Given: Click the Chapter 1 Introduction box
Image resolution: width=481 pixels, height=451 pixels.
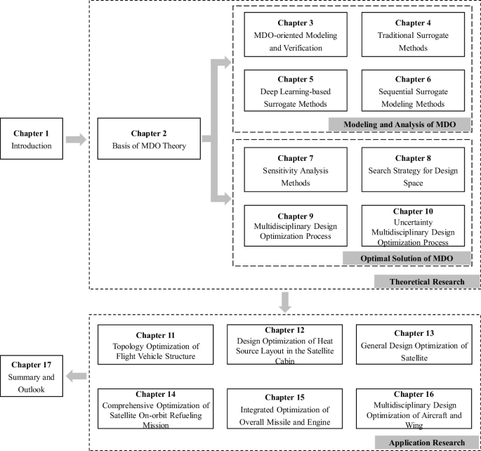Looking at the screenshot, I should (x=32, y=139).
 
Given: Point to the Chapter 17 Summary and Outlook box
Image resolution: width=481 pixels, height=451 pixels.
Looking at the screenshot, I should (x=32, y=376).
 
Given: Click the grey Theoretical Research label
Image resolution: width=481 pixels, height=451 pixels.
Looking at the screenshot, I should (x=426, y=281).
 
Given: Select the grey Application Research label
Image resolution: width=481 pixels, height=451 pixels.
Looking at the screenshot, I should (x=426, y=443).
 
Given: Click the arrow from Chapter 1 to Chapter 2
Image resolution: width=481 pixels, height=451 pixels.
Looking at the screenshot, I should (x=76, y=140).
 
